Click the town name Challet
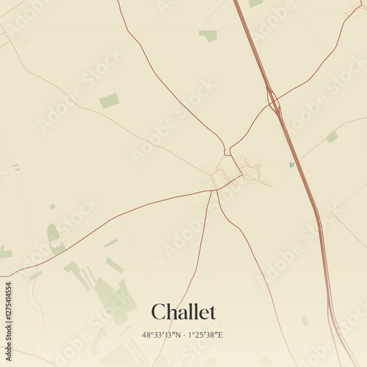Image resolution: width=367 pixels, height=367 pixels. [183, 312]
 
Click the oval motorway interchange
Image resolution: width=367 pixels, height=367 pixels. [273, 102]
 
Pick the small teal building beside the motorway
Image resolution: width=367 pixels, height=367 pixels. [291, 165]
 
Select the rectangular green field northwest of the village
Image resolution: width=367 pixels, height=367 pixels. [109, 101]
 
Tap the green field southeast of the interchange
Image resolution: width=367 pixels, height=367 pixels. [333, 137]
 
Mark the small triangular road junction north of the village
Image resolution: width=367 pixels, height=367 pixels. [227, 150]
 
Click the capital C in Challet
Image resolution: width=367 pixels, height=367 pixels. [158, 312]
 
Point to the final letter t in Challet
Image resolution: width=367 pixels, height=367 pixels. [213, 312]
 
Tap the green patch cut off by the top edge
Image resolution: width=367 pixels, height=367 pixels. [255, 3]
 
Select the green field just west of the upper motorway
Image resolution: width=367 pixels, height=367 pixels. [209, 34]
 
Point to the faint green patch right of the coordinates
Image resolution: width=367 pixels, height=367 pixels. [305, 321]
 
